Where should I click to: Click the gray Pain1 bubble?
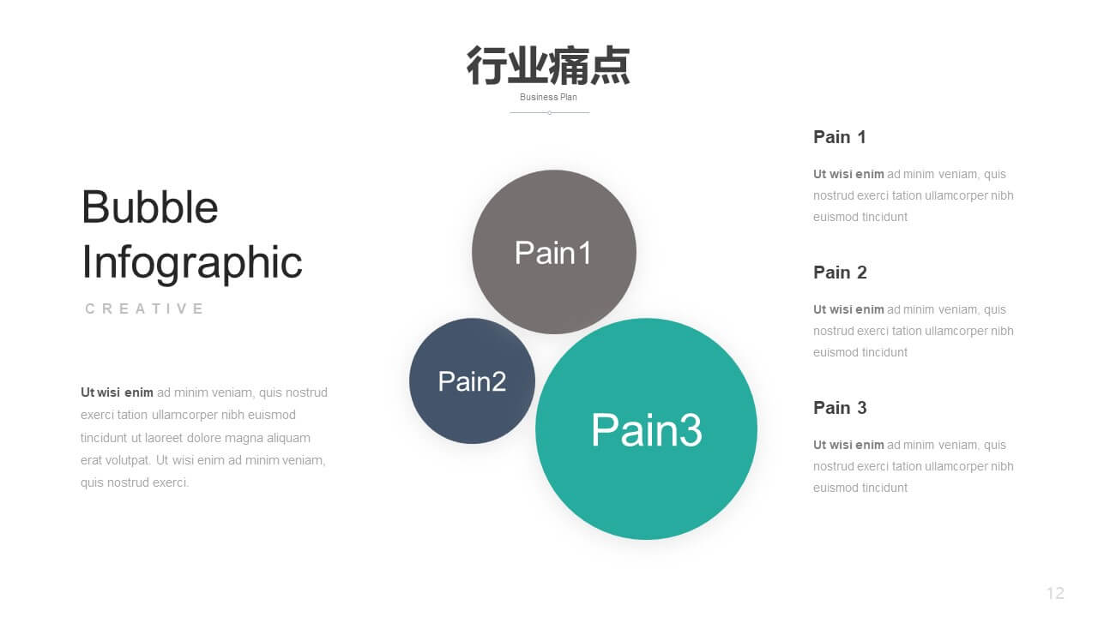coord(554,252)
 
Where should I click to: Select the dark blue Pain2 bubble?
coord(472,381)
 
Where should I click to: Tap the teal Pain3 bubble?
coord(646,429)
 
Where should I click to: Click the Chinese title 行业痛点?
coord(548,66)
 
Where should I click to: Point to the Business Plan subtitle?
coord(548,97)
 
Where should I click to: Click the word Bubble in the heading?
coord(149,207)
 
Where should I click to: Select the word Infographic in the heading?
coord(191,263)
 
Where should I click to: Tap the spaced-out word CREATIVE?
coord(144,308)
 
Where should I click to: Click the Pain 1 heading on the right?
coord(839,137)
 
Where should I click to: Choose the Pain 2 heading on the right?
coord(840,273)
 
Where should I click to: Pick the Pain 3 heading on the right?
coord(840,407)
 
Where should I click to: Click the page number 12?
coord(1055,593)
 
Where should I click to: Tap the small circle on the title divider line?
coord(550,112)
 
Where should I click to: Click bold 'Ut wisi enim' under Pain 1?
coord(848,174)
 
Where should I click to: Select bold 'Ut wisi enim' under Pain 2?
coord(848,309)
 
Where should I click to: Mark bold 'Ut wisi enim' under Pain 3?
coord(848,445)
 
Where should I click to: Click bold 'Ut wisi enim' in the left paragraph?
coord(117,392)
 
